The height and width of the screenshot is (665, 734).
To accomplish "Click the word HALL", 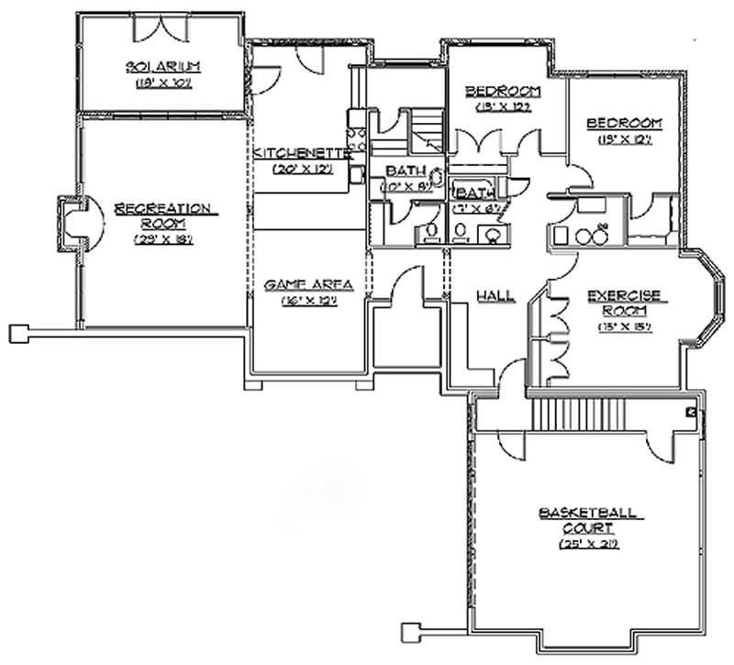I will pos(495,295).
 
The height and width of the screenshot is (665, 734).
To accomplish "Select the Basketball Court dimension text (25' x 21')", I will pos(588,544).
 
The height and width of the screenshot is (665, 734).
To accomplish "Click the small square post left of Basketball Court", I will pos(412,631).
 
